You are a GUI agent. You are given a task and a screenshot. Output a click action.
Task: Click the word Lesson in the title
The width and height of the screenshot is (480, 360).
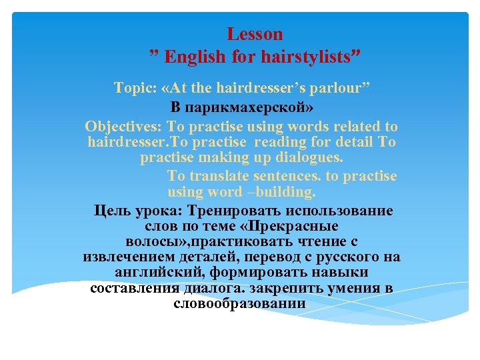[x=255, y=34]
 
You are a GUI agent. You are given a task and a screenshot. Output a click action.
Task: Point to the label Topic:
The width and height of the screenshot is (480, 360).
[x=136, y=89]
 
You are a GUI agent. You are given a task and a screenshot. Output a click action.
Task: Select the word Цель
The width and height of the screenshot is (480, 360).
[x=114, y=211]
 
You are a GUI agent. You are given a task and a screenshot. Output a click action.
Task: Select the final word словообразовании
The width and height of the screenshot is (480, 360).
[x=239, y=304]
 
